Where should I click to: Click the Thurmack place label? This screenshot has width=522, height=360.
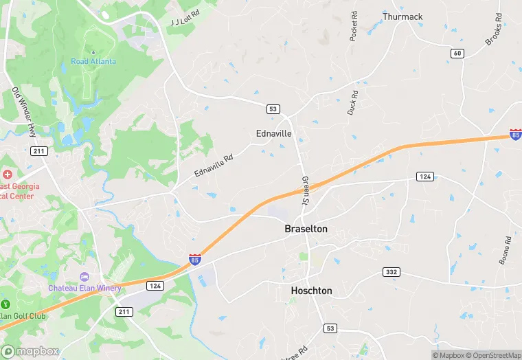[x=402, y=16]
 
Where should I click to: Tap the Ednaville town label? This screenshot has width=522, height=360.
[x=273, y=133]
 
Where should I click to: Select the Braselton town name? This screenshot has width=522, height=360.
[x=306, y=229]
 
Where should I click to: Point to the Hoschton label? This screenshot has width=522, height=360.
[x=311, y=291]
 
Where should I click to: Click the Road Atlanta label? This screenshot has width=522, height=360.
[x=93, y=61]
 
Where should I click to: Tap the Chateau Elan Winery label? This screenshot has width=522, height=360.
[x=84, y=288]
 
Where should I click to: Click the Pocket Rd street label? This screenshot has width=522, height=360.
[x=354, y=26]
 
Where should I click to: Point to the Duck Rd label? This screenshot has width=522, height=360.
[x=352, y=102]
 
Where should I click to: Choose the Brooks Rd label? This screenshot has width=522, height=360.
[x=494, y=32]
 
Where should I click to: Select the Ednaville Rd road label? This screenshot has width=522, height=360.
[x=214, y=167]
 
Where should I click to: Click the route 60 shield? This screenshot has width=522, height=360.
[x=458, y=53]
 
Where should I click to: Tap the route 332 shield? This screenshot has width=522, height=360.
[x=391, y=273]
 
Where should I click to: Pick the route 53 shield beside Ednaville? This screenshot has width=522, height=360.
[x=273, y=109]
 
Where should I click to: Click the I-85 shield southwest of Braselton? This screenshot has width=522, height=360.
[x=196, y=259]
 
